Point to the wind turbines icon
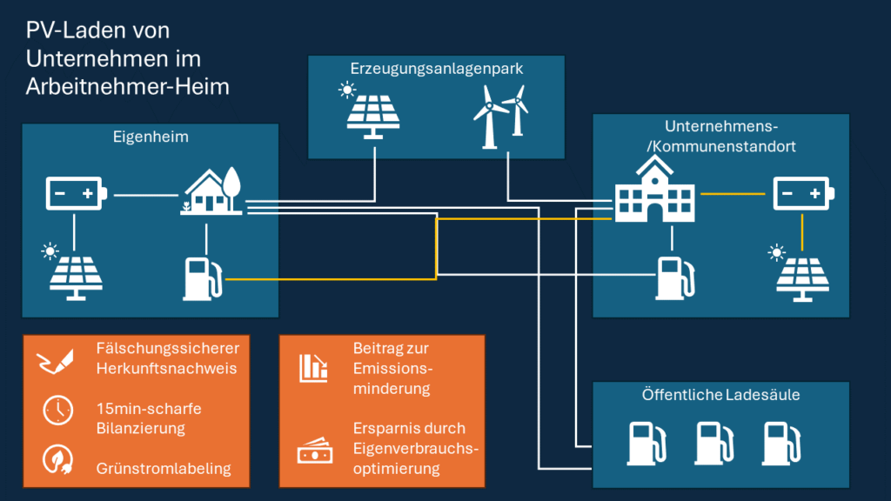[x=500, y=116]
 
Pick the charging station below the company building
[x=672, y=277]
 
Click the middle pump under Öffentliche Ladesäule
[x=712, y=442]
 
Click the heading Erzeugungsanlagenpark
[x=436, y=69]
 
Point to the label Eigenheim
[x=151, y=137]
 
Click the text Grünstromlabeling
[x=164, y=468]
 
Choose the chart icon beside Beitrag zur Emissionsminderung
[x=313, y=368]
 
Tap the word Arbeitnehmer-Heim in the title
[x=128, y=87]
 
